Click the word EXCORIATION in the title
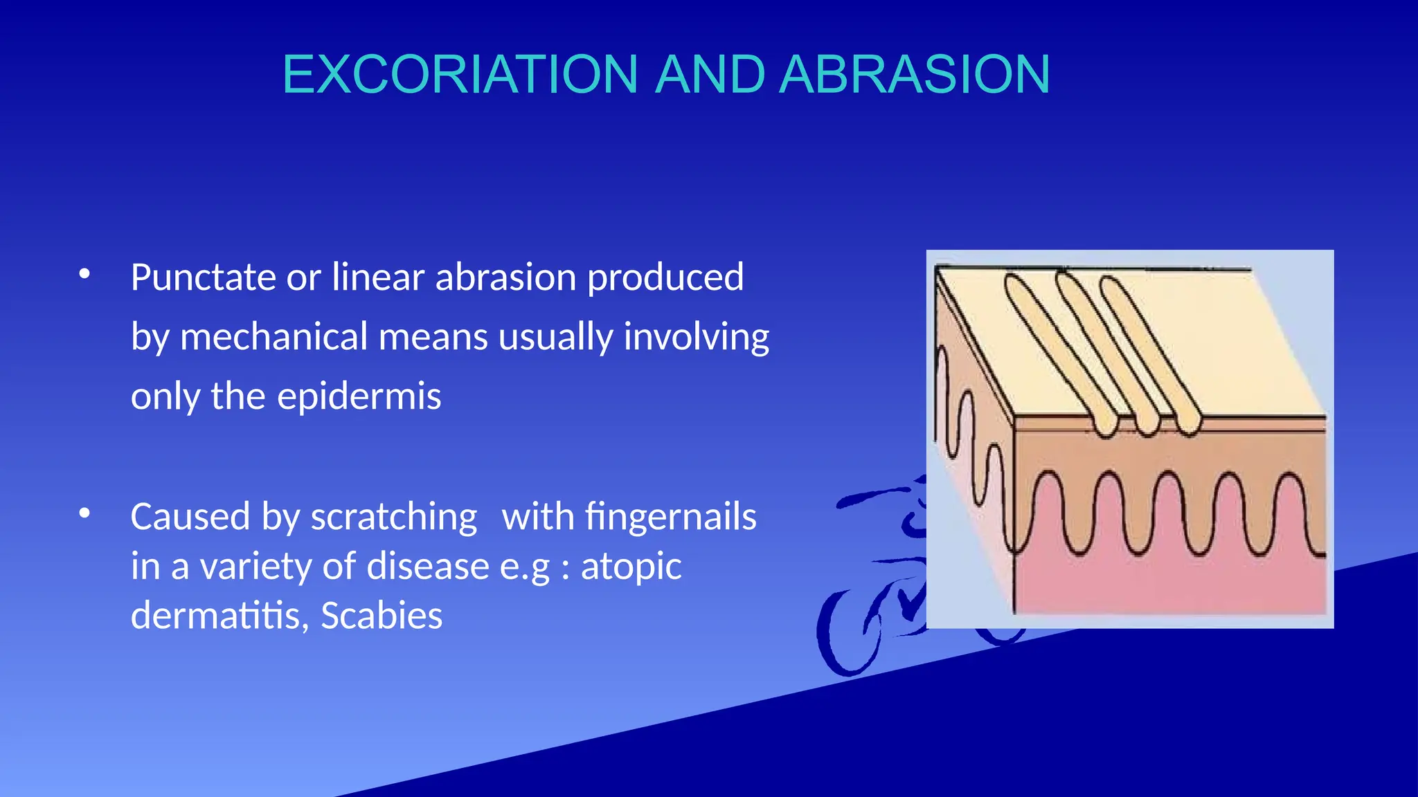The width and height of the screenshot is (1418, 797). [460, 74]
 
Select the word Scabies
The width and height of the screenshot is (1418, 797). [382, 616]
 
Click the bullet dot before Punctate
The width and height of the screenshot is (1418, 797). [84, 274]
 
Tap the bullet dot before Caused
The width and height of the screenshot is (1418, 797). [84, 513]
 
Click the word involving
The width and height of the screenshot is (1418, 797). [696, 338]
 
